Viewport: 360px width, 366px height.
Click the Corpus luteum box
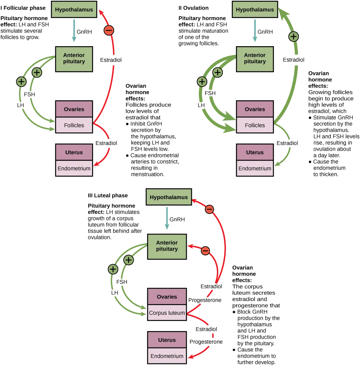167,313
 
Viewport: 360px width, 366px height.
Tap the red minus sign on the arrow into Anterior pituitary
205,251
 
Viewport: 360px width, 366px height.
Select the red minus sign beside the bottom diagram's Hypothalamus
210,209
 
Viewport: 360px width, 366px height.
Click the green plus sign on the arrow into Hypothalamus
293,37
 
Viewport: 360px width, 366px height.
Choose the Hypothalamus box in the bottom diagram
169,197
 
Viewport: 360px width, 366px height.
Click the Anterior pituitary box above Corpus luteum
167,246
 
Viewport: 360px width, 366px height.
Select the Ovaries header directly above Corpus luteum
167,297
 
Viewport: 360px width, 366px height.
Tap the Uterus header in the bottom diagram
167,340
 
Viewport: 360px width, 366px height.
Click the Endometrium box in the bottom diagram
167,356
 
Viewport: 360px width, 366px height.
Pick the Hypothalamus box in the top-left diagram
74,9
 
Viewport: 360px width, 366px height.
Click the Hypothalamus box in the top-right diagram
255,9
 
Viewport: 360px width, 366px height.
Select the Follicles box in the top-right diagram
255,125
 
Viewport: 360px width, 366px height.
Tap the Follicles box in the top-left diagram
74,125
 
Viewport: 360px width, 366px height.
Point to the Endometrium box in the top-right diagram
255,168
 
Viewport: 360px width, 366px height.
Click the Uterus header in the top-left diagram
74,153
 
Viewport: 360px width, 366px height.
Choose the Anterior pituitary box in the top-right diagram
255,58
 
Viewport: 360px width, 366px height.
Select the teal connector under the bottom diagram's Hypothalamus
167,218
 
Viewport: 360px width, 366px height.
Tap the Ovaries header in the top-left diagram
74,109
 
